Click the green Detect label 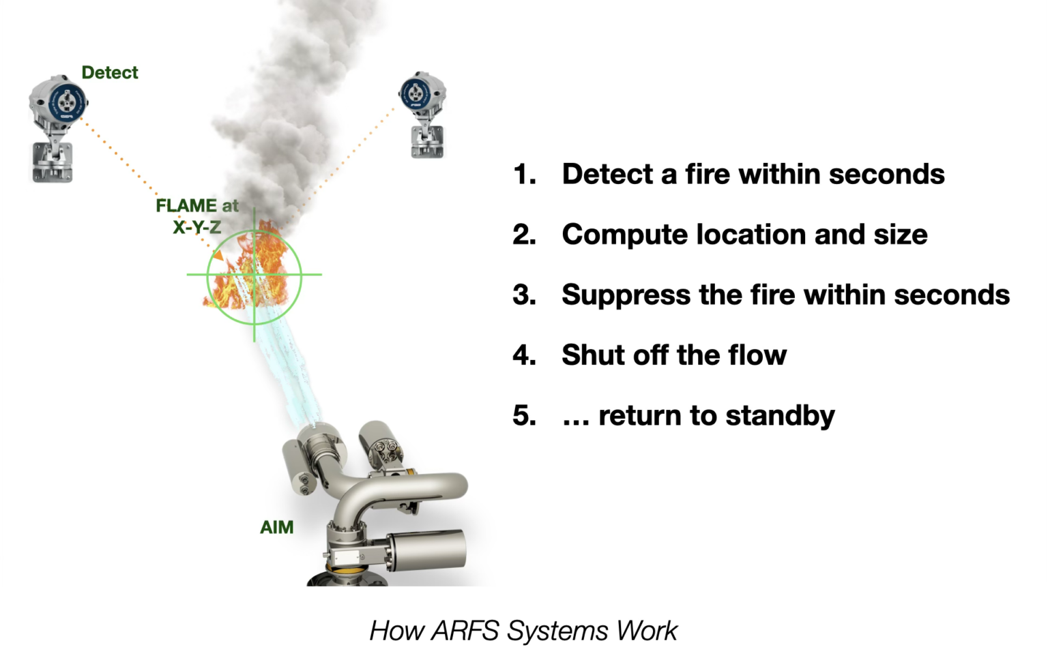pyautogui.click(x=109, y=72)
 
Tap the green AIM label pyautogui.click(x=276, y=527)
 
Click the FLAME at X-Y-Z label pyautogui.click(x=196, y=215)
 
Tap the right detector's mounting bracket pyautogui.click(x=427, y=140)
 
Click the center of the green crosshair pyautogui.click(x=254, y=275)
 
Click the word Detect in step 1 pyautogui.click(x=607, y=175)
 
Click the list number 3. pyautogui.click(x=523, y=295)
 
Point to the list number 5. pyautogui.click(x=523, y=415)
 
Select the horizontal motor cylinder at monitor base pyautogui.click(x=426, y=548)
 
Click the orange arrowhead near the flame pyautogui.click(x=218, y=256)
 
